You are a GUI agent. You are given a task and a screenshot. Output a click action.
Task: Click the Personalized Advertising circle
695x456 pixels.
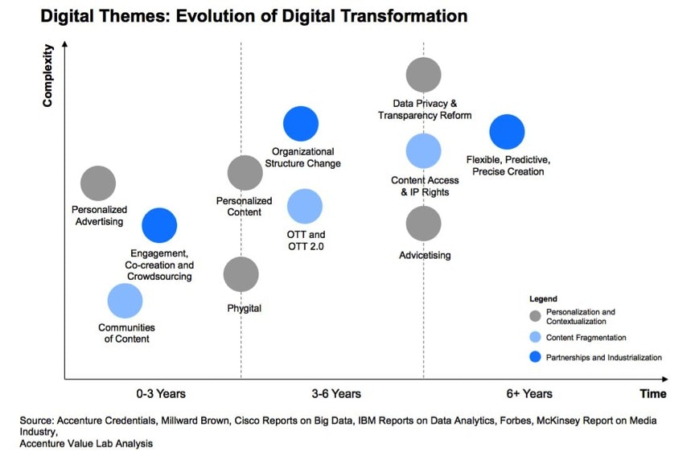98,183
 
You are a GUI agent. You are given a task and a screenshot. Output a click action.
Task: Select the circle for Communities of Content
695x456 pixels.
125,301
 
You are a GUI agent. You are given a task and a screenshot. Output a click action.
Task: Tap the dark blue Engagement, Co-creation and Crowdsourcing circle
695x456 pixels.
159,225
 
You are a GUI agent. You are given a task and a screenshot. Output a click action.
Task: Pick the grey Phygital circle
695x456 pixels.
241,274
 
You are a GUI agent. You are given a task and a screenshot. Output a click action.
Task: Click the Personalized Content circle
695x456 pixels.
245,173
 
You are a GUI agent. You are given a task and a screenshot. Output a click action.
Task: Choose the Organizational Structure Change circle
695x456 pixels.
301,124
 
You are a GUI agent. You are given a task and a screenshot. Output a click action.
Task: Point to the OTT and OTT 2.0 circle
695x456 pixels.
305,206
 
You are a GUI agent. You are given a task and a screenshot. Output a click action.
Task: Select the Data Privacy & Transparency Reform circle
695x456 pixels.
423,75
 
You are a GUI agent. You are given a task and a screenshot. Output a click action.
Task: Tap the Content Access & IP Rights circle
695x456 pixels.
423,151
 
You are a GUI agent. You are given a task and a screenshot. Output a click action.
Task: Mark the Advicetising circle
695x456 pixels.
423,224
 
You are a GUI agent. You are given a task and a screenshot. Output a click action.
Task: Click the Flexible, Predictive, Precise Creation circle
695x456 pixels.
507,132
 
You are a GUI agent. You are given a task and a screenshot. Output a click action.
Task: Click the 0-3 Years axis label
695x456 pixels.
161,393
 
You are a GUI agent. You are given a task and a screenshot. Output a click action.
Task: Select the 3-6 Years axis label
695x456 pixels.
336,393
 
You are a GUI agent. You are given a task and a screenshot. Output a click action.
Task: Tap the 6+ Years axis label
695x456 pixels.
529,393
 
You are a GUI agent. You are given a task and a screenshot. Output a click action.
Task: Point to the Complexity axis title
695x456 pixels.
47,76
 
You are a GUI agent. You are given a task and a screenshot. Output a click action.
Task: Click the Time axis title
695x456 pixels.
653,393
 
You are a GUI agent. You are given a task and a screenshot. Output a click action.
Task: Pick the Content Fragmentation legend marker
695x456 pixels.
536,337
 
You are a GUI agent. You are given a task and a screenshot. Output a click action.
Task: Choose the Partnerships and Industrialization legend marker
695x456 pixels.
536,357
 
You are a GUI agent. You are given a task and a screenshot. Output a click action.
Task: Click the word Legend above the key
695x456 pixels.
543,298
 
